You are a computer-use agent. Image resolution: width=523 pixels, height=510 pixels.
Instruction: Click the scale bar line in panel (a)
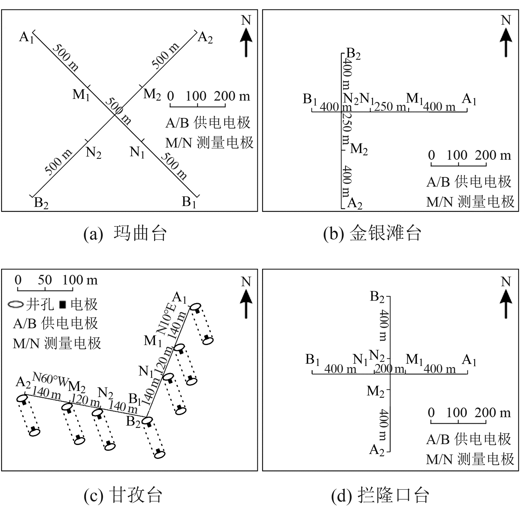pos(198,106)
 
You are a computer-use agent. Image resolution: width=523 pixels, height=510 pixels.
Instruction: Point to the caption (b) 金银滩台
pos(372,234)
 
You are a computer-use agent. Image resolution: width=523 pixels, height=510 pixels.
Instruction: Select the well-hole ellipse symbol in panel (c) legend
pos(16,304)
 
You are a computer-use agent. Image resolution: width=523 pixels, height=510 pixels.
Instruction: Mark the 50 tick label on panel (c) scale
pos(45,280)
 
